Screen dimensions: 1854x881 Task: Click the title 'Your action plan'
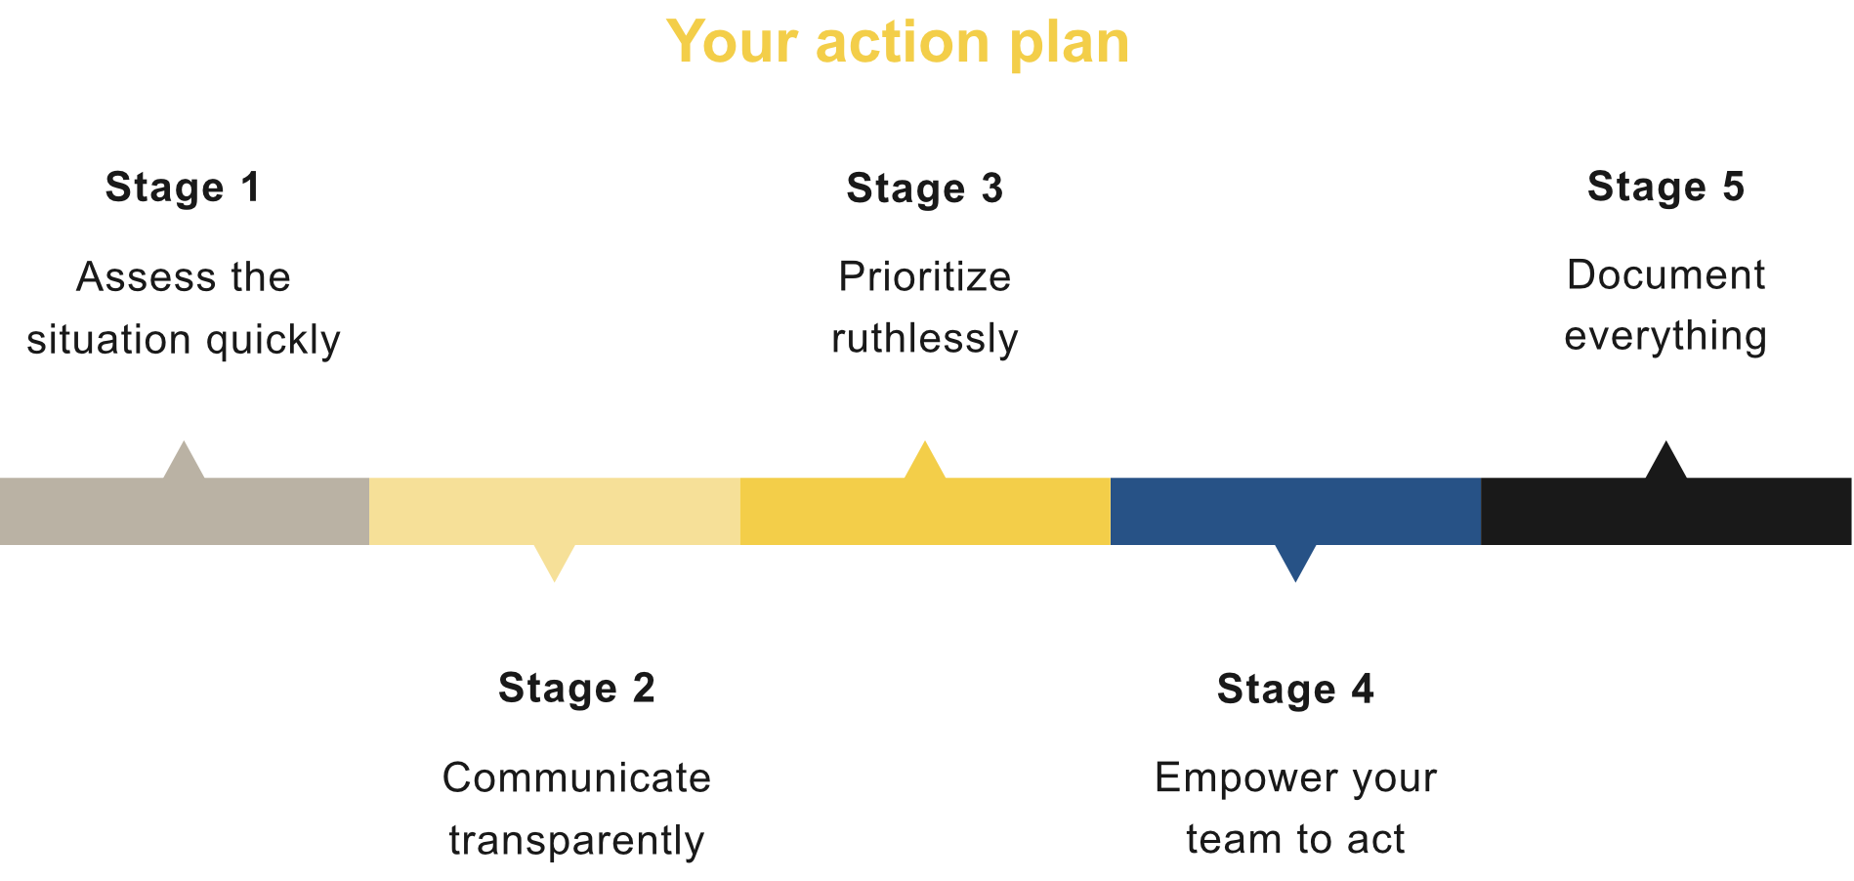coord(898,43)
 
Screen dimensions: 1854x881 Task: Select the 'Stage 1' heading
coord(183,188)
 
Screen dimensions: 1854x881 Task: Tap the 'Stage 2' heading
coord(576,689)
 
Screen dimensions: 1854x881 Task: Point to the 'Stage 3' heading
coord(924,189)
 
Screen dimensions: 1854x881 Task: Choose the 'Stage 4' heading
coord(1295,690)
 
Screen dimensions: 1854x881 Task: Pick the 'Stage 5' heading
coord(1665,188)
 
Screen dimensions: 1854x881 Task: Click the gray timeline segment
coord(185,511)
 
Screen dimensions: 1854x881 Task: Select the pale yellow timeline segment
coord(555,511)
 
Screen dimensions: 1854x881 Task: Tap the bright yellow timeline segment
coord(925,511)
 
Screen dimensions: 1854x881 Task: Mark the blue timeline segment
coord(1295,511)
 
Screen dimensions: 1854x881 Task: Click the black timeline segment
coord(1665,511)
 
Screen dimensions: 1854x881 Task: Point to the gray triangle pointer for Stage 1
coord(184,461)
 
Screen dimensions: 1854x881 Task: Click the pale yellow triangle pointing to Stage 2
coord(554,563)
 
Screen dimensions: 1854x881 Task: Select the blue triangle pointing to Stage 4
coord(1295,563)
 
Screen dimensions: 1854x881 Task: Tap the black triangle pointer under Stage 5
coord(1665,461)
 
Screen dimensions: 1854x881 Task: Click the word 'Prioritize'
coord(924,277)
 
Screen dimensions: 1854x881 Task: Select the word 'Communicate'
coord(576,778)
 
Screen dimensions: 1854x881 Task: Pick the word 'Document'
coord(1665,275)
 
